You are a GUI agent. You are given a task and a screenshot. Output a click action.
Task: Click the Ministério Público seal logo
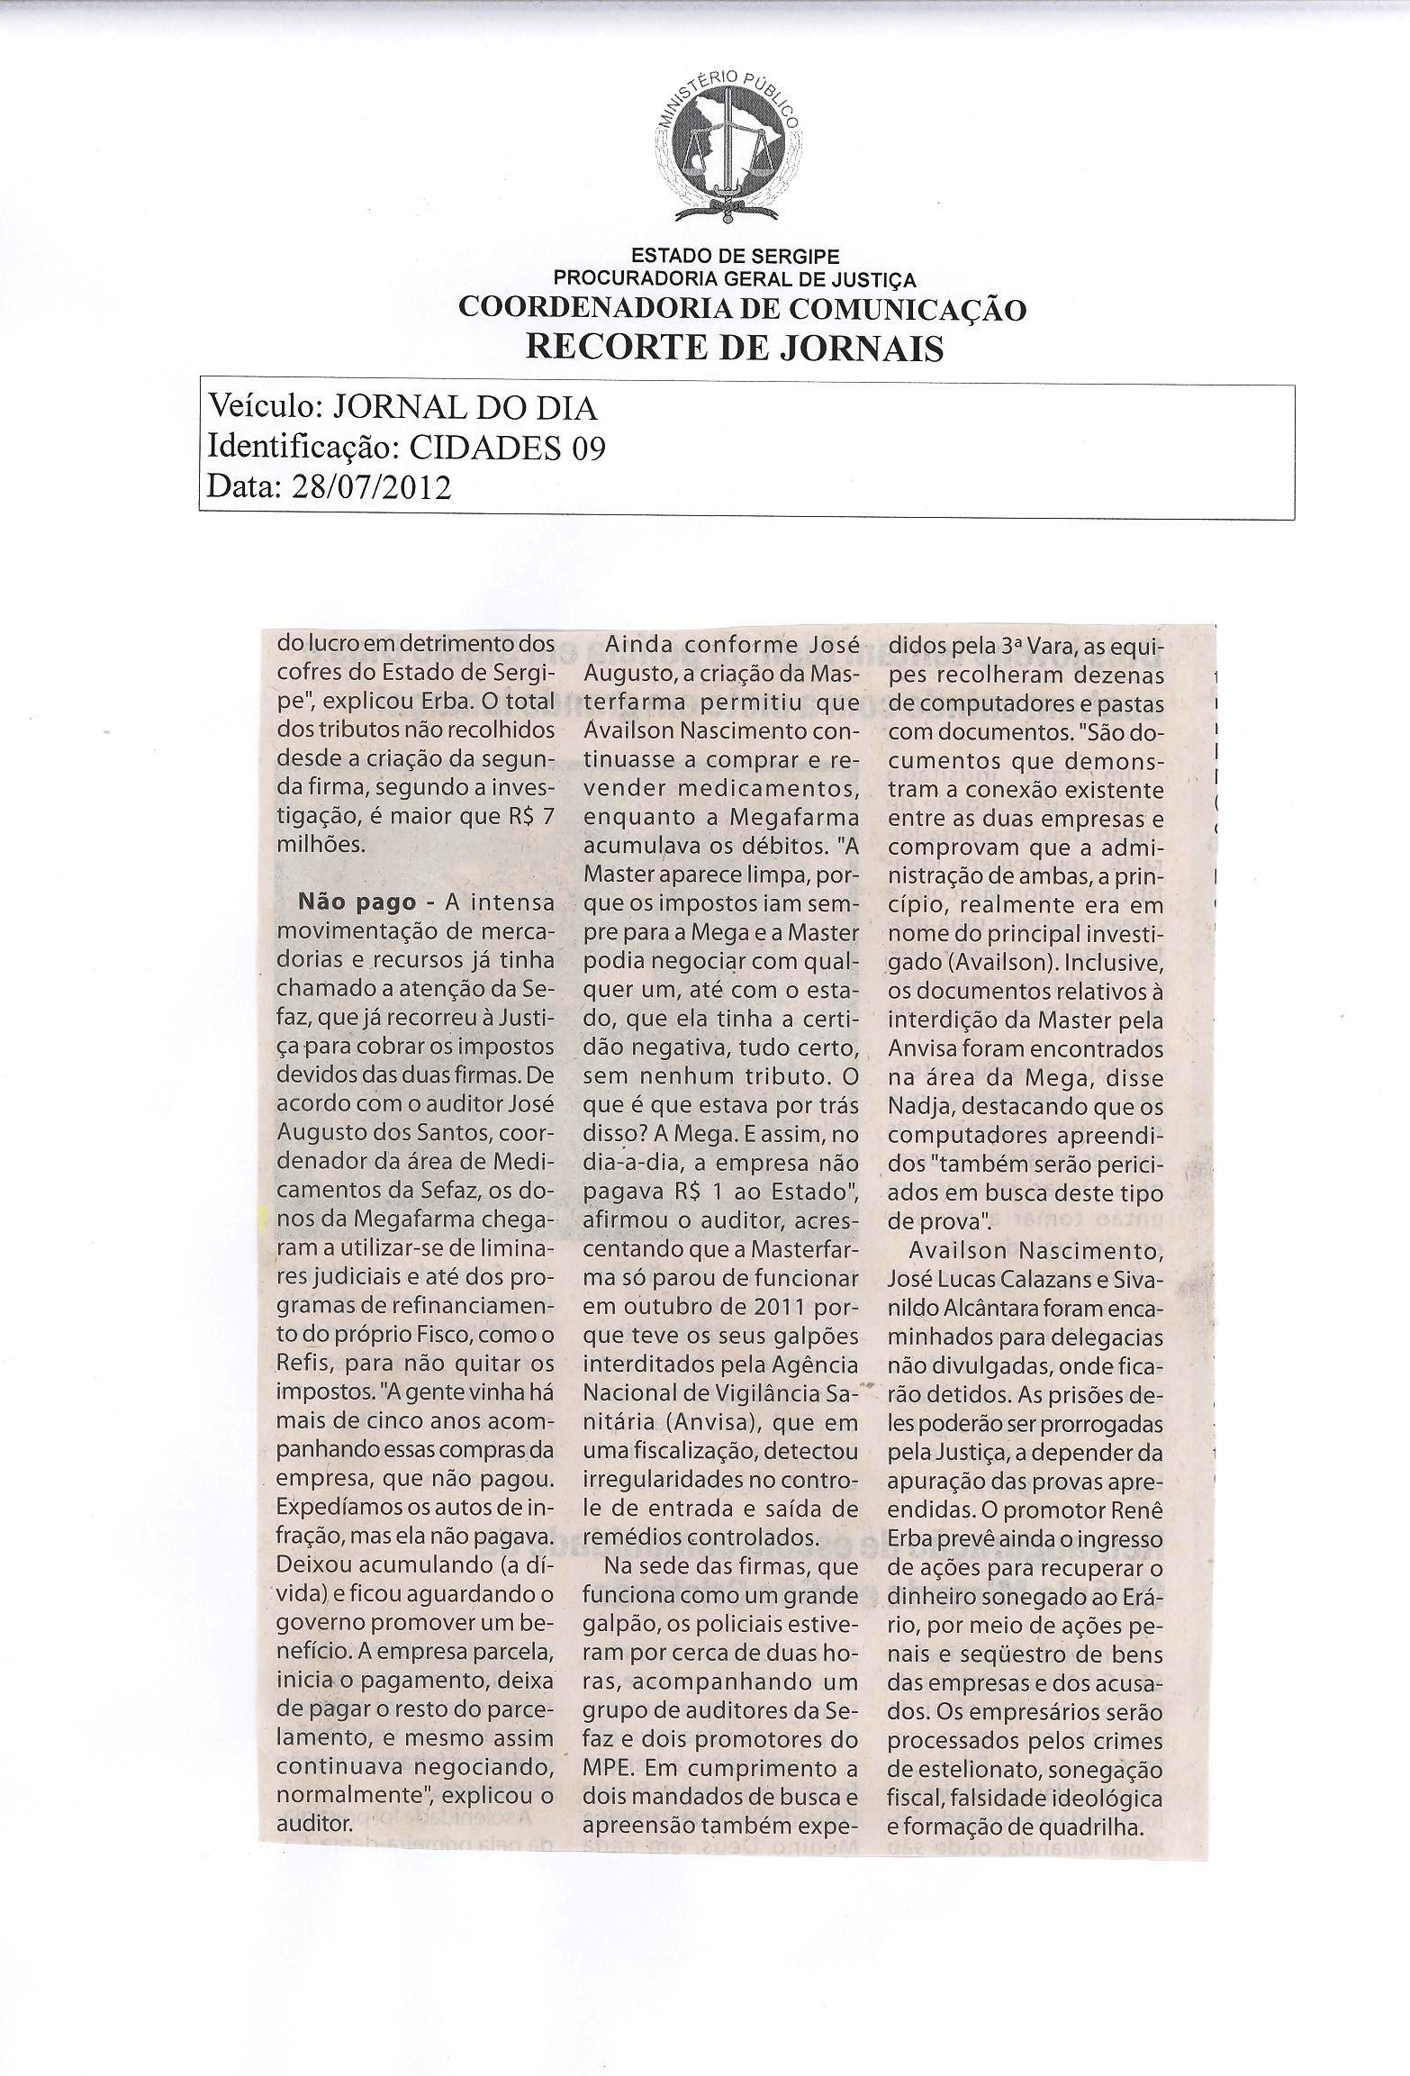pyautogui.click(x=728, y=150)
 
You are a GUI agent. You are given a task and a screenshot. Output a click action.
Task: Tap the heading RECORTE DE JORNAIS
pyautogui.click(x=735, y=347)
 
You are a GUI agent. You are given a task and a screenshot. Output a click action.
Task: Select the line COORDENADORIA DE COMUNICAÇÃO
pyautogui.click(x=742, y=309)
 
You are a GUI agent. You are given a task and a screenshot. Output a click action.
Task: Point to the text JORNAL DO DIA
pyautogui.click(x=465, y=409)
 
